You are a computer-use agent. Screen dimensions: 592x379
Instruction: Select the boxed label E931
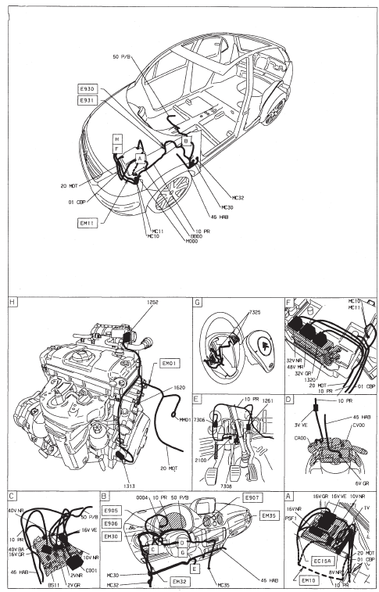(86, 101)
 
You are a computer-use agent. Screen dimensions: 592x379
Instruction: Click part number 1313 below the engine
(128, 486)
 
